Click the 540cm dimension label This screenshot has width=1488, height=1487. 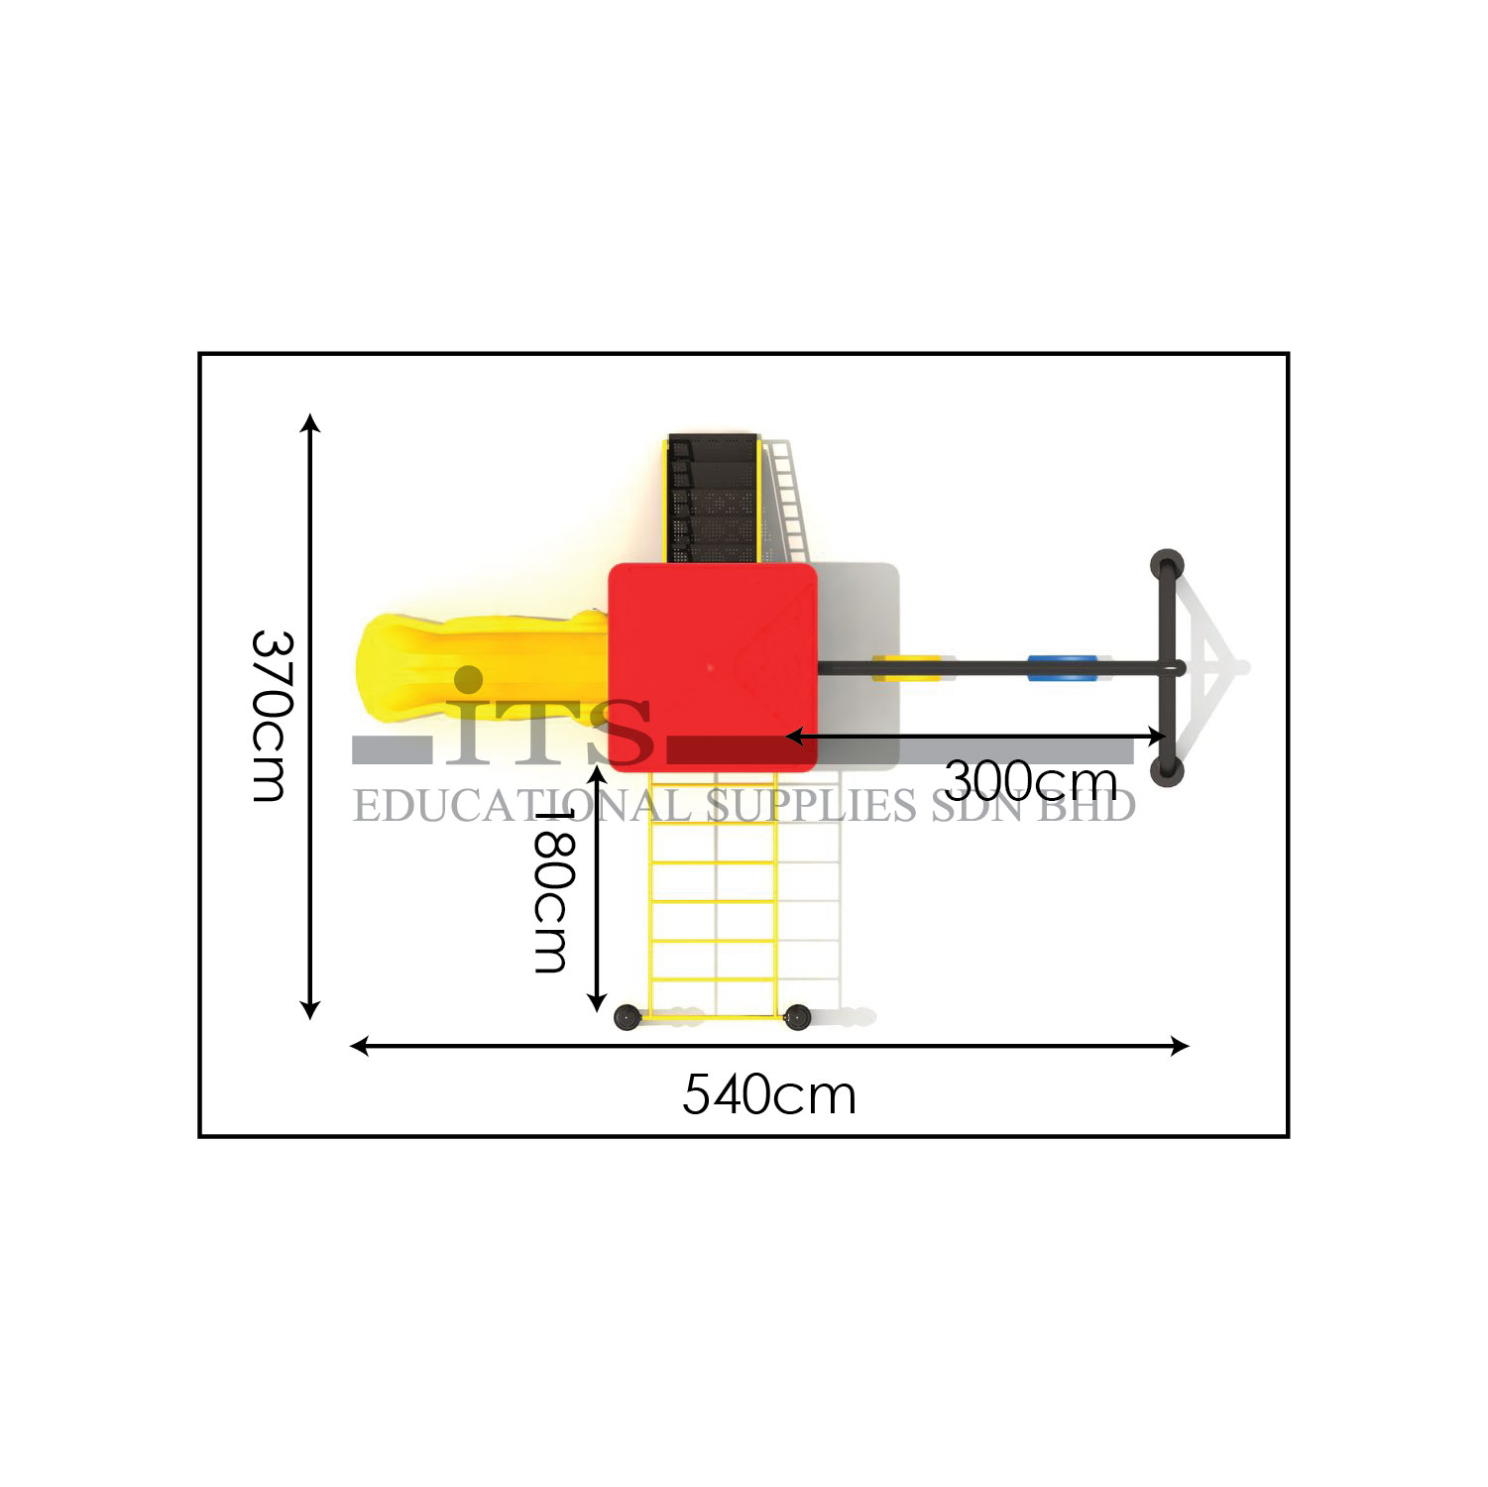coord(769,1095)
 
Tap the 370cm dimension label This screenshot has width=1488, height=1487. coord(271,715)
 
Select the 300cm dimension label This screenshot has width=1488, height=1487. coord(1031,781)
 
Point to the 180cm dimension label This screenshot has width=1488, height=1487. coord(552,889)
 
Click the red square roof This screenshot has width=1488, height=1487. coord(713,667)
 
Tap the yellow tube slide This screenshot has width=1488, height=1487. coord(484,667)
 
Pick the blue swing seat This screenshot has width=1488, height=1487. coord(1063,667)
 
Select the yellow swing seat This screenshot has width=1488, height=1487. coord(907,667)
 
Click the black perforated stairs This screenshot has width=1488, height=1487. coord(714,498)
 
